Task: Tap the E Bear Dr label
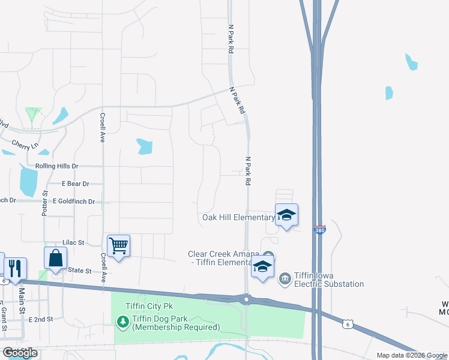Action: [75, 184]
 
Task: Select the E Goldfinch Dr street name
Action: [74, 202]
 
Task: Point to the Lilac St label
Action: [74, 243]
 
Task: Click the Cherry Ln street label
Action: [25, 145]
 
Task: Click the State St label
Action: [79, 271]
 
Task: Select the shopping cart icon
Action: [118, 244]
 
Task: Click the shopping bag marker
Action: [55, 258]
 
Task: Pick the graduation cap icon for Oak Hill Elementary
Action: [286, 215]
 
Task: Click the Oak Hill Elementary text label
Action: [238, 217]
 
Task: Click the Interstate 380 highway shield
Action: [320, 230]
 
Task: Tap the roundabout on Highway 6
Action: [246, 298]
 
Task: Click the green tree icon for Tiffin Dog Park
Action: [123, 322]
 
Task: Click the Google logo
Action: [20, 353]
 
